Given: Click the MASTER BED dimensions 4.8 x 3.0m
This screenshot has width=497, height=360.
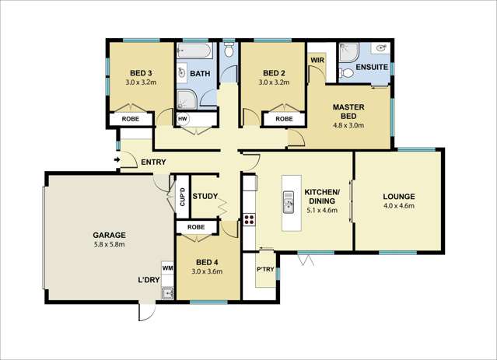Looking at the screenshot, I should tap(349, 124).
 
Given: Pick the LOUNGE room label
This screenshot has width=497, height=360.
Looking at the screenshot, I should tap(399, 196).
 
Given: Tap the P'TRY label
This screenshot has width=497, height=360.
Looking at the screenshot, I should tap(264, 269).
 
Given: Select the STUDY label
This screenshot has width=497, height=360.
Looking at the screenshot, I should tap(205, 196).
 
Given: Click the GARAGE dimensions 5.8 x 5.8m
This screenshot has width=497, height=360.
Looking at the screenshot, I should tap(110, 244).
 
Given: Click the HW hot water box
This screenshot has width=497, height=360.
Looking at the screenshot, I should tap(182, 119).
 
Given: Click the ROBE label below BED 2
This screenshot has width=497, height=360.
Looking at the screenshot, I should tap(284, 119).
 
